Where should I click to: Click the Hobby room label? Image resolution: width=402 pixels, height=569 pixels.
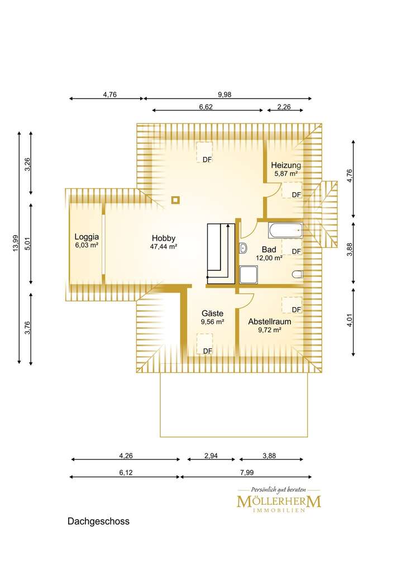pyautogui.click(x=164, y=238)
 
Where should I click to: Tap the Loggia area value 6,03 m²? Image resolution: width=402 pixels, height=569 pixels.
pyautogui.click(x=87, y=245)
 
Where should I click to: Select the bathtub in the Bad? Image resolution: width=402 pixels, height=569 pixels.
pyautogui.click(x=285, y=231)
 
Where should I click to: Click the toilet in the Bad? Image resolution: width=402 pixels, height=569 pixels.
pyautogui.click(x=298, y=274)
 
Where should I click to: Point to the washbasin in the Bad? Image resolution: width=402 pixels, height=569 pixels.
pyautogui.click(x=243, y=248)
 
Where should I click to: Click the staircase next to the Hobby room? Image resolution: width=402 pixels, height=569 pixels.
pyautogui.click(x=221, y=254)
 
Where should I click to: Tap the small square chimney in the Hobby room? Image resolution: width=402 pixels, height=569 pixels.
pyautogui.click(x=176, y=199)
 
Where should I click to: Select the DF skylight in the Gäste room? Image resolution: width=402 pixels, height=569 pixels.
pyautogui.click(x=204, y=343)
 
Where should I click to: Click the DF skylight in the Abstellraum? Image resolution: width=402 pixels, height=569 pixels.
pyautogui.click(x=292, y=305)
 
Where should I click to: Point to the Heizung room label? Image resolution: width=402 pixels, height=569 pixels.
pyautogui.click(x=286, y=165)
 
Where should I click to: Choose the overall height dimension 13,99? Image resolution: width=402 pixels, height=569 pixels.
pyautogui.click(x=15, y=243)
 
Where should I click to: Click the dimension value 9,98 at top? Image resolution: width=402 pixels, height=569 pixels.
pyautogui.click(x=224, y=94)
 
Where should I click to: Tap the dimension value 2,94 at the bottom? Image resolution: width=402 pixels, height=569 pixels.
pyautogui.click(x=211, y=456)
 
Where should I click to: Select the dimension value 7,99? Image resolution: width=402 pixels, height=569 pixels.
pyautogui.click(x=247, y=472)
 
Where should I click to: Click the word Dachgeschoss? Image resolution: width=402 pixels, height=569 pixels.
pyautogui.click(x=98, y=522)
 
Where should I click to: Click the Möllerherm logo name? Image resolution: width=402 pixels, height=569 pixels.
pyautogui.click(x=279, y=502)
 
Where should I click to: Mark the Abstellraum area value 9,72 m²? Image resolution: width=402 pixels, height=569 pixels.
pyautogui.click(x=270, y=330)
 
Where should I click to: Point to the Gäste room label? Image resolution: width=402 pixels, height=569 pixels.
pyautogui.click(x=212, y=313)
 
